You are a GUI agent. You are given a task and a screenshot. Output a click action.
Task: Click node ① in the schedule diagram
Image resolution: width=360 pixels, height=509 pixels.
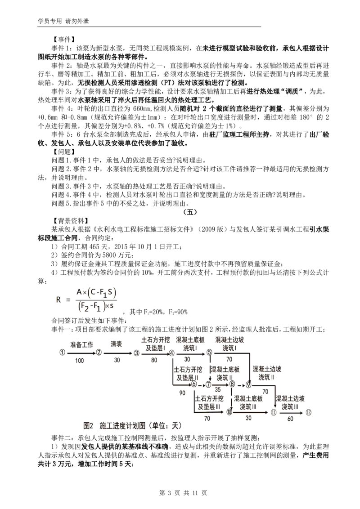tap(62, 353)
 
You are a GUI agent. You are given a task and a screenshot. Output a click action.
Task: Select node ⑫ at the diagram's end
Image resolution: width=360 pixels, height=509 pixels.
tap(308, 412)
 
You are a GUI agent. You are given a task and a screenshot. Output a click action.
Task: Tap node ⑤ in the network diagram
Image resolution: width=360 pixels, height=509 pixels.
tap(209, 353)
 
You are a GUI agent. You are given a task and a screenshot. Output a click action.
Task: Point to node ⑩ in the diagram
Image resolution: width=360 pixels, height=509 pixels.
tap(229, 412)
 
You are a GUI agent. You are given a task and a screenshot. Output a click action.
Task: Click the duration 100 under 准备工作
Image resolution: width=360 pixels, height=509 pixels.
tap(79, 360)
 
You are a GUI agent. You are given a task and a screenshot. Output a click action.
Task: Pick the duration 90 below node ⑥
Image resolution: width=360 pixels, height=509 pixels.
tap(182, 393)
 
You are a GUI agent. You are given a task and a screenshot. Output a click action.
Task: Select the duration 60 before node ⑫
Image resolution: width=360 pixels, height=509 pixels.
tap(290, 419)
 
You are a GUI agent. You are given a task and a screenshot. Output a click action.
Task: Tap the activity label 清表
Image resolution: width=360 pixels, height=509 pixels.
tap(116, 344)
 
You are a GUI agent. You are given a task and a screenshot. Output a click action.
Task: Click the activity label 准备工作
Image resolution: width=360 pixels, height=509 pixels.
tap(81, 344)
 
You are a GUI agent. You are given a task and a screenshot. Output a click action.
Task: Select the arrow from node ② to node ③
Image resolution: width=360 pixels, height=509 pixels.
tap(117, 353)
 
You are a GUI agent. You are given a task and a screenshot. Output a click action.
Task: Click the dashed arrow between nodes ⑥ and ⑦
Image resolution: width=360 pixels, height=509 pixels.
tap(201, 385)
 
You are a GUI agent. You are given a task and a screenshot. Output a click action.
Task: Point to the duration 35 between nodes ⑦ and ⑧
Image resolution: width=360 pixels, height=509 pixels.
tap(218, 389)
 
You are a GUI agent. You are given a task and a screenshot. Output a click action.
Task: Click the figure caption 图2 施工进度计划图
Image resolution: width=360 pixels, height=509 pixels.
tap(114, 425)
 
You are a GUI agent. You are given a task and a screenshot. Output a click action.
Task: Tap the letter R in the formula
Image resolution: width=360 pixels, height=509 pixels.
tap(58, 299)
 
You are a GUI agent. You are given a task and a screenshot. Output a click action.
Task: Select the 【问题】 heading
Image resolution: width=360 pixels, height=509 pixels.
tap(63, 152)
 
